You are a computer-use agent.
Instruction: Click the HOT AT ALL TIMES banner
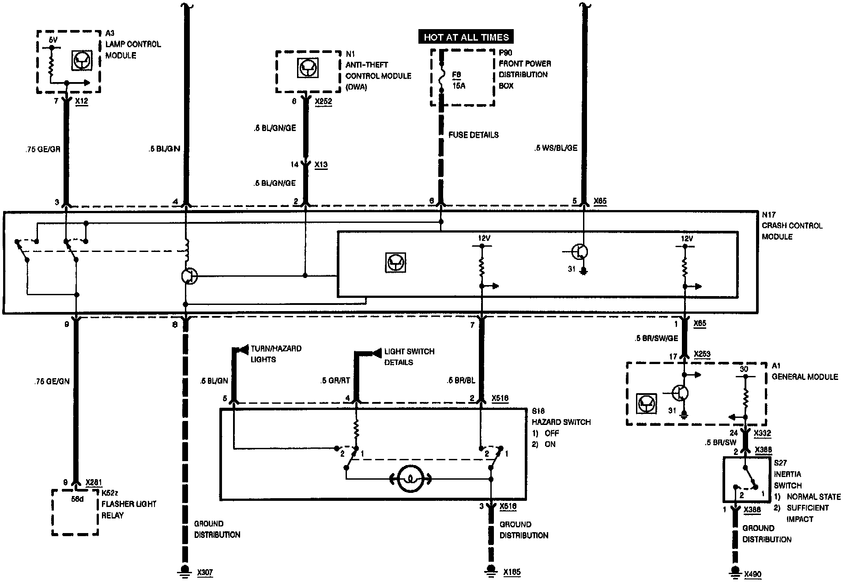coord(466,37)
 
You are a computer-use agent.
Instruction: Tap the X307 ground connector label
coord(205,573)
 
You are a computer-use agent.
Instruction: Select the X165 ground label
coord(512,572)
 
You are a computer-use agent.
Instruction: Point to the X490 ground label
coord(753,574)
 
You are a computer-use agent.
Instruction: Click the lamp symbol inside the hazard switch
coord(410,479)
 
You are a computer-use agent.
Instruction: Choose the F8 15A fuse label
coord(459,80)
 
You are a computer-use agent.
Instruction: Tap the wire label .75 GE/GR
coord(43,149)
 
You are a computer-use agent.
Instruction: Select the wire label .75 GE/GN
coord(52,381)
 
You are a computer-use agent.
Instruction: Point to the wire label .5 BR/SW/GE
coord(656,338)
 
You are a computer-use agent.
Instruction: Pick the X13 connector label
coord(321,165)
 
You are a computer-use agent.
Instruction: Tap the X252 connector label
coord(323,101)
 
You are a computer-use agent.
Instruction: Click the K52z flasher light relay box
coord(75,512)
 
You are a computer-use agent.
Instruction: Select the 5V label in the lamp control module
coord(53,40)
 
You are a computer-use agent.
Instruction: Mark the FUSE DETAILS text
coord(474,135)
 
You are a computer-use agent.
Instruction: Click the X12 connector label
coord(81,101)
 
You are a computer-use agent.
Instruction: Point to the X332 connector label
coord(762,433)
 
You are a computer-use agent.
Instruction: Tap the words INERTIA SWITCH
coord(787,480)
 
